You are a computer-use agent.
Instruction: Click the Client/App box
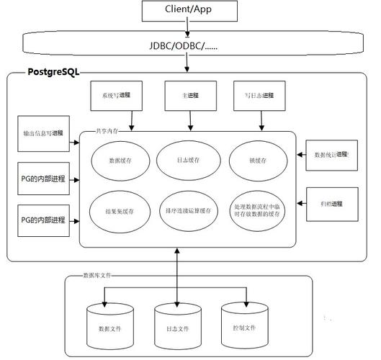pyautogui.click(x=189, y=11)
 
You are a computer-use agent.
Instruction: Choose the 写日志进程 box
pyautogui.click(x=257, y=95)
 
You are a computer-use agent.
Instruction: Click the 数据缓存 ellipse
pyautogui.click(x=120, y=161)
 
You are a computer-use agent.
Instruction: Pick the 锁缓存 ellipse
pyautogui.click(x=257, y=161)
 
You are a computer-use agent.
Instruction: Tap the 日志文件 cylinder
pyautogui.click(x=176, y=325)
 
